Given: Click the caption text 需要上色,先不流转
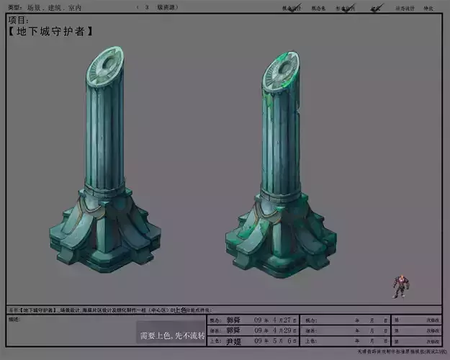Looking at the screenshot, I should coord(172,336).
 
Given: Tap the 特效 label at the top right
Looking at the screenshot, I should coord(429,8).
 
